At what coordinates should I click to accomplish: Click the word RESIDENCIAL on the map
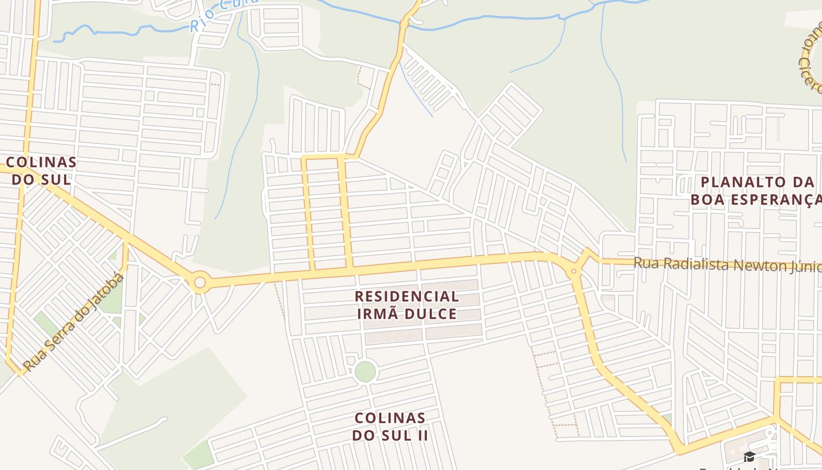point(407,296)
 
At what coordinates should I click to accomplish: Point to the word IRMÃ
point(378,314)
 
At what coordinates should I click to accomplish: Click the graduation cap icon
point(749,456)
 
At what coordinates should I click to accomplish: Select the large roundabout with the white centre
point(200,283)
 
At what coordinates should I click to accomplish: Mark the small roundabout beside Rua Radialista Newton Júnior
point(574,271)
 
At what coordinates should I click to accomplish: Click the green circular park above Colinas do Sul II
point(365,371)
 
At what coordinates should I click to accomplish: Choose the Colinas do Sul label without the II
point(41,170)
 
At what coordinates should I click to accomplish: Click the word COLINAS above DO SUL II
point(390,418)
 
